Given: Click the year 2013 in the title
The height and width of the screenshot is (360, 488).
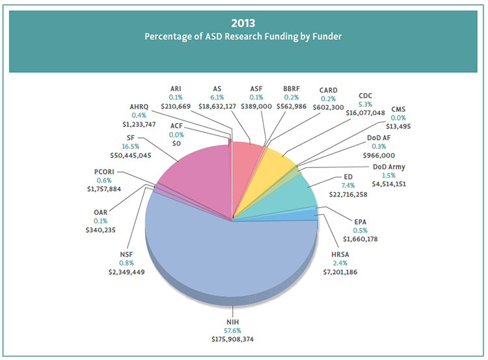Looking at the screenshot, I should [243, 22].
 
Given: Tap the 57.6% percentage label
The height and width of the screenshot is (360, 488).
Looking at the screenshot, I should [243, 330].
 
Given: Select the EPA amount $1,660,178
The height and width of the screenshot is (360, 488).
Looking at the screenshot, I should [356, 240].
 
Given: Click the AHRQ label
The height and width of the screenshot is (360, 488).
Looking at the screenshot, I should [142, 105].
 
